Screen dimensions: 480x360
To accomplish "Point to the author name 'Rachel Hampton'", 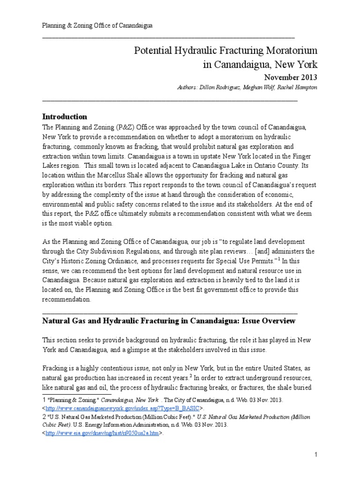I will (x=298, y=87).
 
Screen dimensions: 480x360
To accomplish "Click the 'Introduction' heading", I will (x=65, y=116).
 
